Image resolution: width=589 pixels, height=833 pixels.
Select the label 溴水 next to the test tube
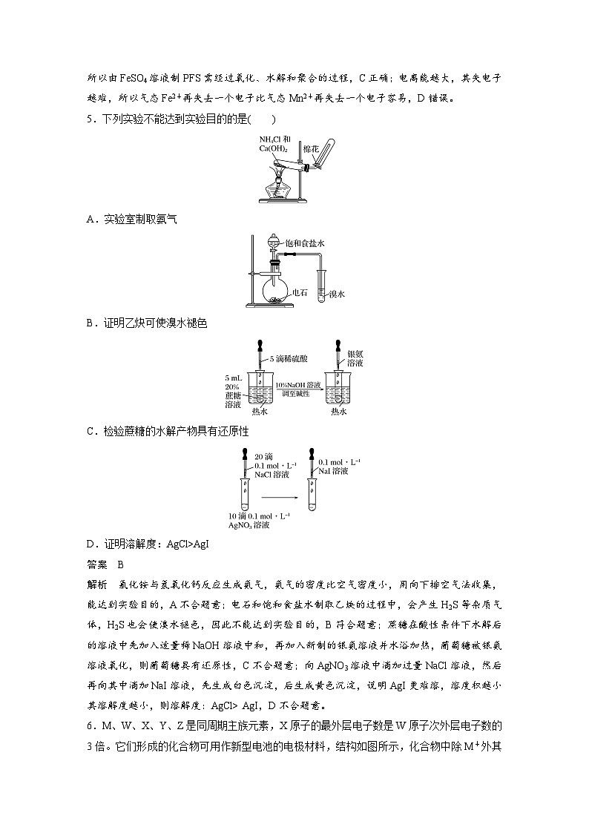[x=338, y=294]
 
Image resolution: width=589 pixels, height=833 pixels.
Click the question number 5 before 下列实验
[x=89, y=119]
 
